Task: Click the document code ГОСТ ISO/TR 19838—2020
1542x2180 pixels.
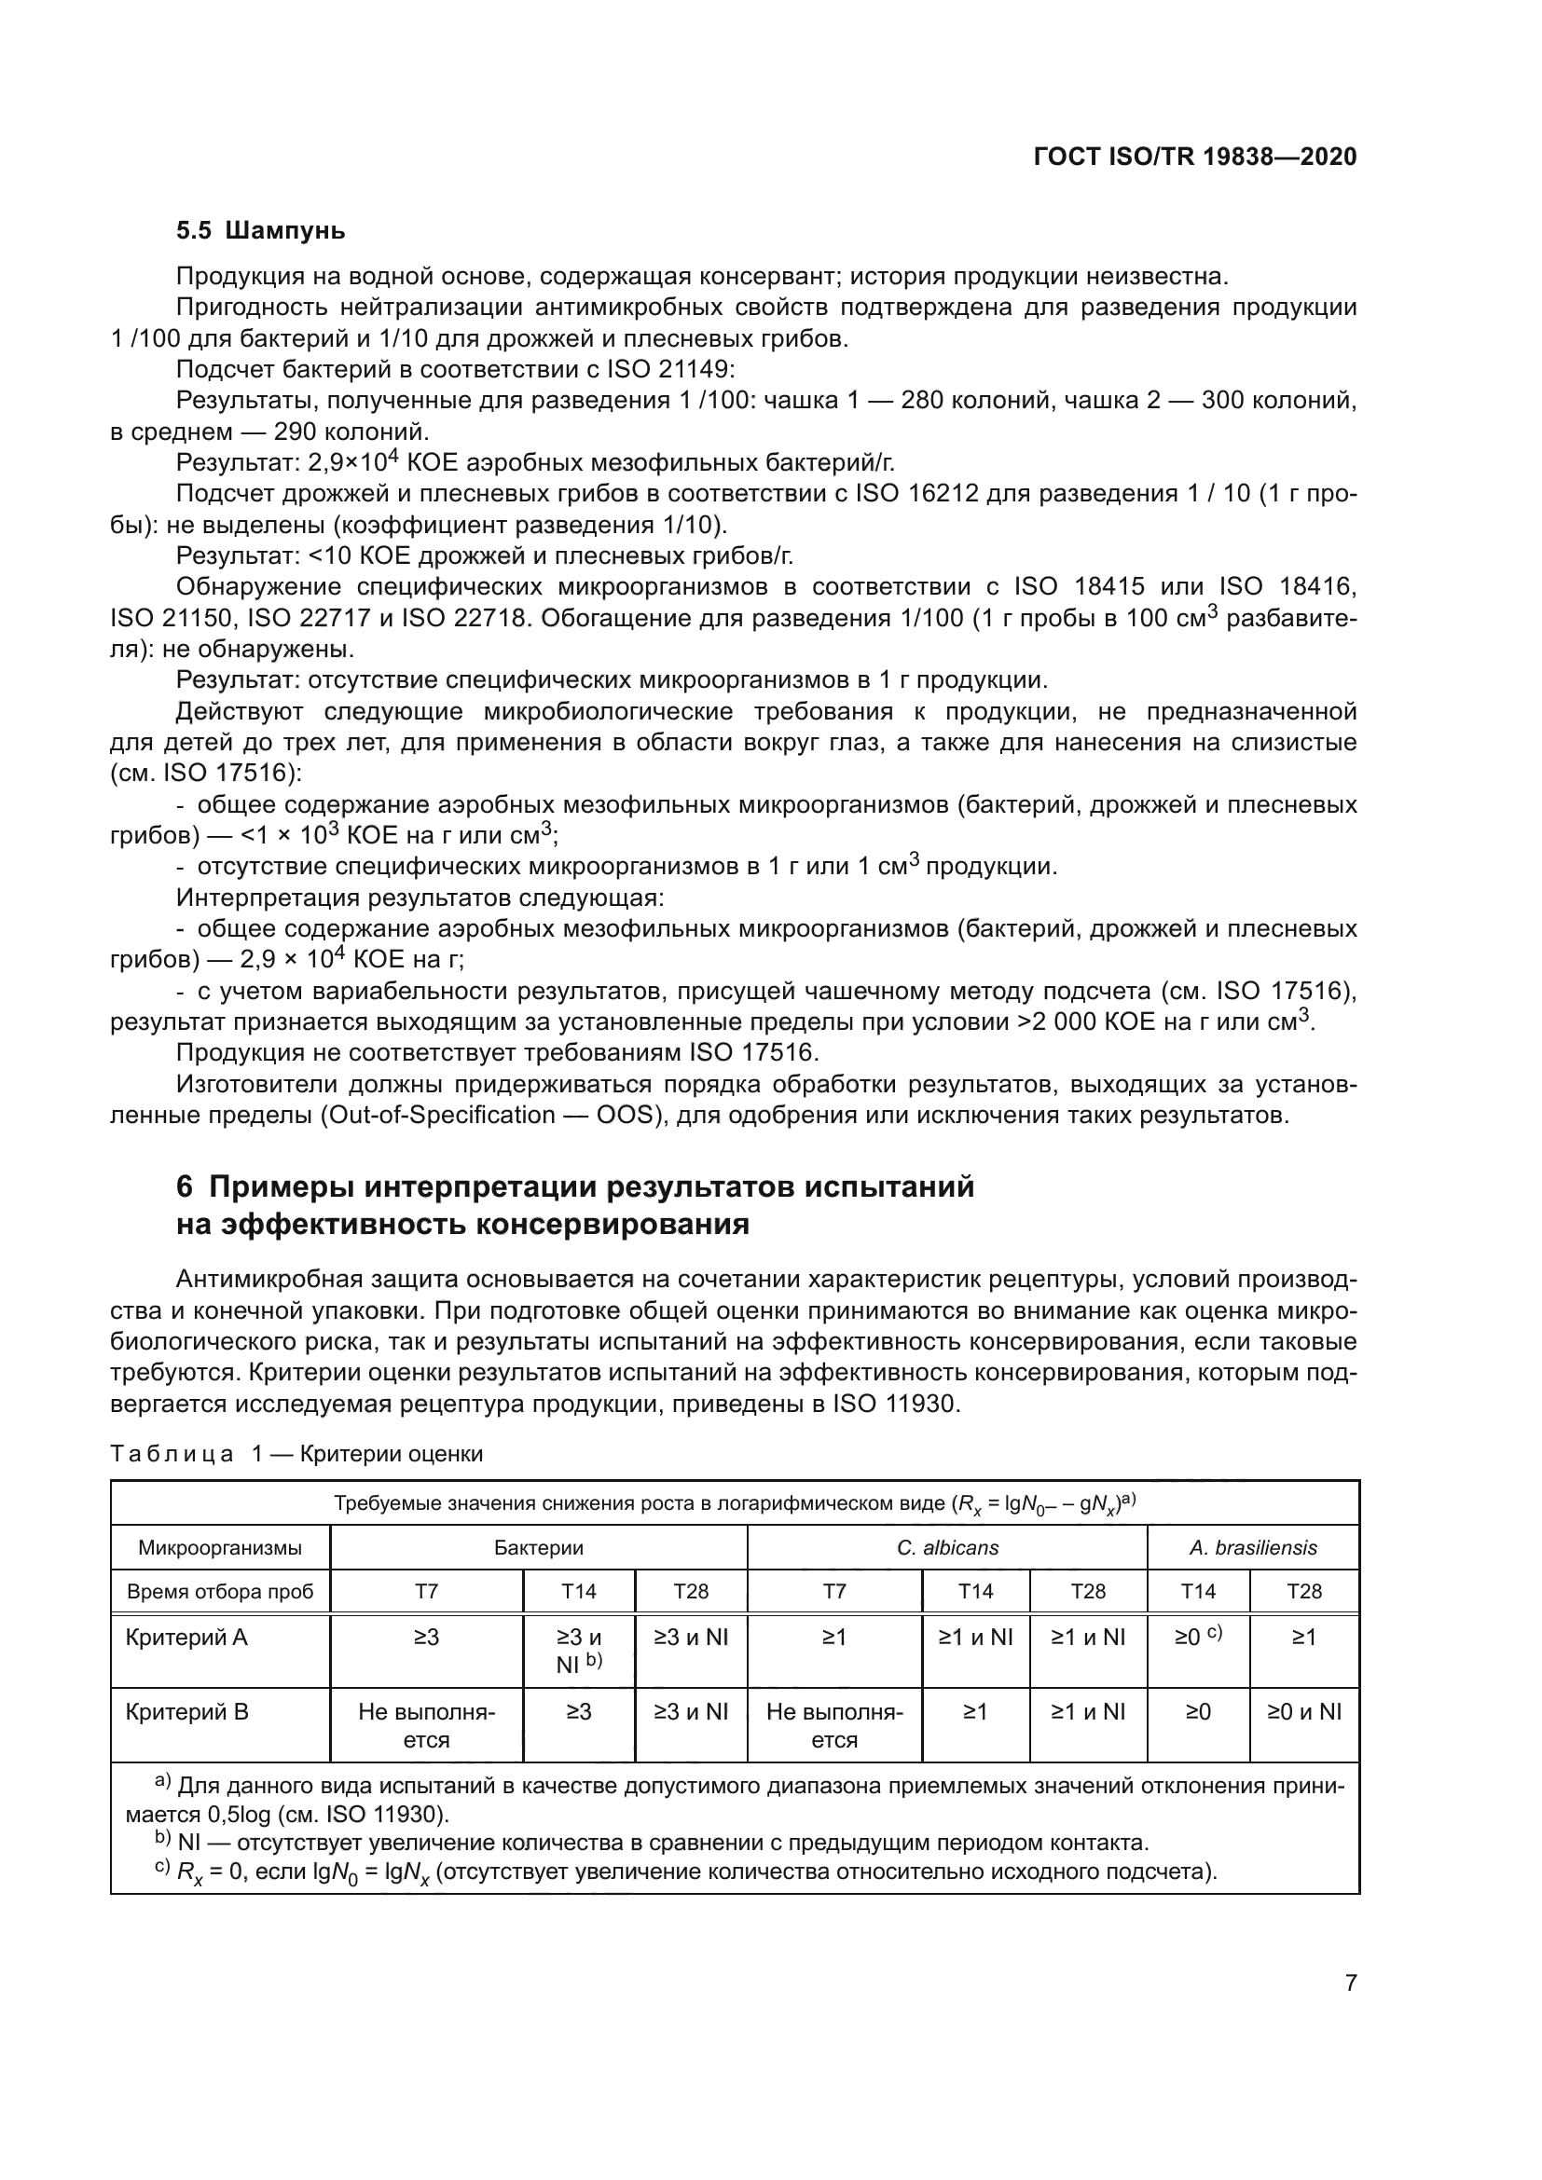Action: coord(1194,157)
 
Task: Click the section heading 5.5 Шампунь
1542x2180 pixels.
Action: coord(260,231)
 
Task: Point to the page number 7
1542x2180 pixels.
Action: coord(1350,1982)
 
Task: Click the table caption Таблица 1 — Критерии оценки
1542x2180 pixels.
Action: coord(296,1454)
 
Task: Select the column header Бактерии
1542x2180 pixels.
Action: coord(538,1548)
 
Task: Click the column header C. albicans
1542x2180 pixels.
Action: coord(946,1548)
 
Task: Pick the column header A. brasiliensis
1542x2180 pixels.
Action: coord(1252,1548)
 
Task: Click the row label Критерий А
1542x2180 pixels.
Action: coord(186,1637)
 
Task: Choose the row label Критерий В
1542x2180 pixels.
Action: coord(186,1712)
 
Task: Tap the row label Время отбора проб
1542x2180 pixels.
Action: coord(220,1591)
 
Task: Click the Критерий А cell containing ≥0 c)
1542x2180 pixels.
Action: coord(1197,1637)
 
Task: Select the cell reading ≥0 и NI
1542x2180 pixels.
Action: coord(1303,1712)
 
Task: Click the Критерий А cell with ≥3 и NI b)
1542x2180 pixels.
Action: coord(578,1651)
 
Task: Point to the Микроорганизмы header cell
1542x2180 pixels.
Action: coord(220,1548)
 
